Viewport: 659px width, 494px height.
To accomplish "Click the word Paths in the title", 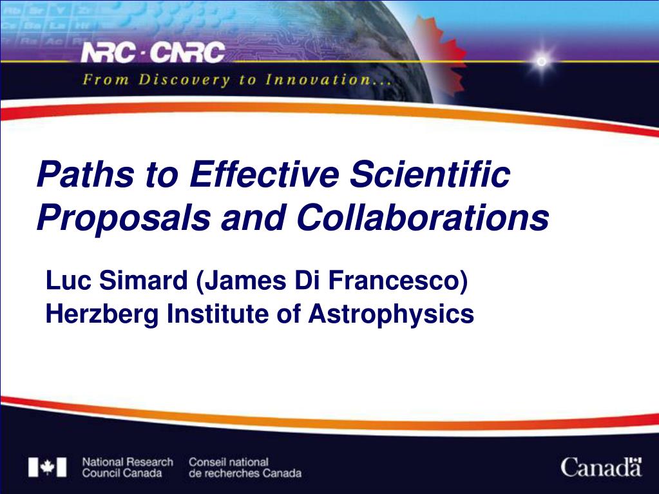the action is pyautogui.click(x=86, y=174).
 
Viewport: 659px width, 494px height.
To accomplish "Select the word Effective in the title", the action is pyautogui.click(x=264, y=174).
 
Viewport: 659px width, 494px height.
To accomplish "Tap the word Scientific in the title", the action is pyautogui.click(x=430, y=174).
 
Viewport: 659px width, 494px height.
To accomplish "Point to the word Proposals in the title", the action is pyautogui.click(x=124, y=218).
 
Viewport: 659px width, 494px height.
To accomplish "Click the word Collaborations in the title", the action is pyautogui.click(x=423, y=217).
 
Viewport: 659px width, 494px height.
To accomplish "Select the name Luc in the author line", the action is pyautogui.click(x=68, y=280).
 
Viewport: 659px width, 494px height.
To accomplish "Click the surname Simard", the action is pyautogui.click(x=144, y=280).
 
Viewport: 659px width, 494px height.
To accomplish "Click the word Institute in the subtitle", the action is pyautogui.click(x=218, y=314).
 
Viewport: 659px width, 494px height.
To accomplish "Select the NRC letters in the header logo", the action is pyautogui.click(x=108, y=53).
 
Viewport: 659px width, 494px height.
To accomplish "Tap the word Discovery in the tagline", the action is pyautogui.click(x=184, y=79).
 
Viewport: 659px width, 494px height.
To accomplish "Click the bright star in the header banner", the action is pyautogui.click(x=542, y=62).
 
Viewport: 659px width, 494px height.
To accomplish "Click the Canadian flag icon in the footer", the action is pyautogui.click(x=48, y=467).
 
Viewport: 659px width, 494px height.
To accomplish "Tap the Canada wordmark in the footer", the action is pyautogui.click(x=601, y=467).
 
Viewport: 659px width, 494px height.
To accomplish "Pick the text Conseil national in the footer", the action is pyautogui.click(x=229, y=462).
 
